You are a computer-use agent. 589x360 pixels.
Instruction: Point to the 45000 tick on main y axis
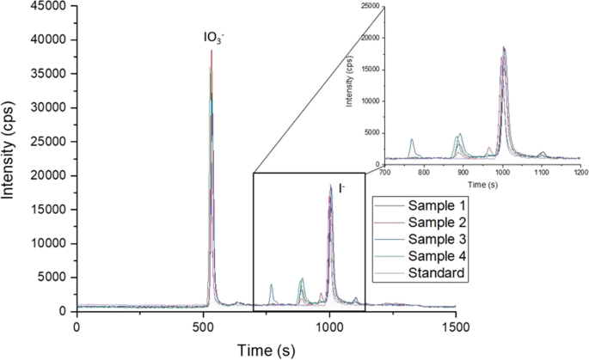[x=48, y=7]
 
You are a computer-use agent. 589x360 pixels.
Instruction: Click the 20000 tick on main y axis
[x=48, y=175]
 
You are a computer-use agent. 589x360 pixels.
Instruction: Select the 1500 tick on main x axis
[x=456, y=327]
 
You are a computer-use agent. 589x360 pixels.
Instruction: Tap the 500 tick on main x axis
[x=204, y=327]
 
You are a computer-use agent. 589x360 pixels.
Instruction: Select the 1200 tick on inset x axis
[x=579, y=172]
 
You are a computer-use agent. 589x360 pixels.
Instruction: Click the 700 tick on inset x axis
[x=386, y=172]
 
